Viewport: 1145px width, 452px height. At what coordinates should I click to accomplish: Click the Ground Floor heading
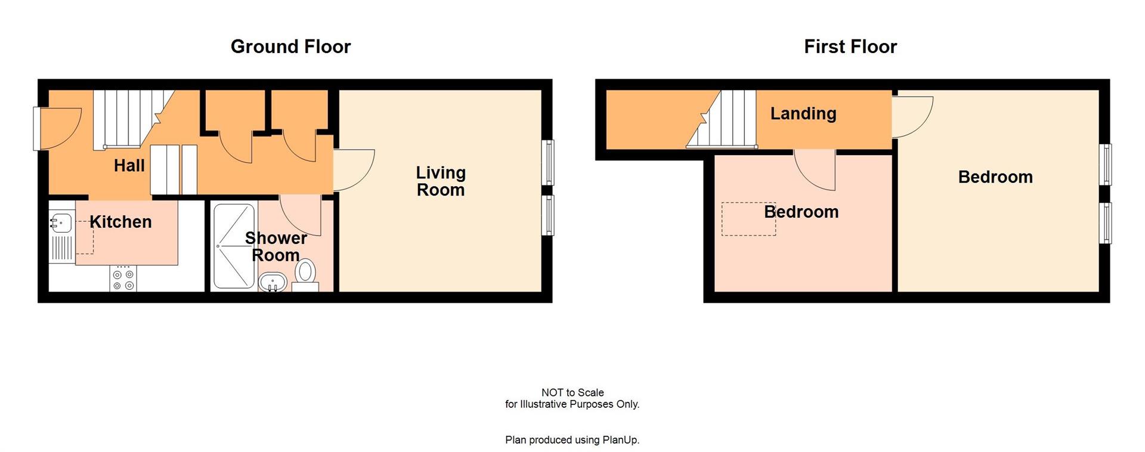pyautogui.click(x=290, y=47)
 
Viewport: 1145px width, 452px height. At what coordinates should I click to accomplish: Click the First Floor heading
pyautogui.click(x=850, y=47)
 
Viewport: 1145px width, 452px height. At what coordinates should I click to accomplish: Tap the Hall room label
pyautogui.click(x=129, y=166)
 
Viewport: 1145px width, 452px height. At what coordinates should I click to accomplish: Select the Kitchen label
pyautogui.click(x=120, y=222)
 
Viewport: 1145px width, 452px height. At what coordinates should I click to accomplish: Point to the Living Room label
pyautogui.click(x=441, y=181)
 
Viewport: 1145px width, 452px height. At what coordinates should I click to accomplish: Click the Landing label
pyautogui.click(x=803, y=113)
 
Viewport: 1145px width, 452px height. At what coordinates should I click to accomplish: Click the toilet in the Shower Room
pyautogui.click(x=305, y=275)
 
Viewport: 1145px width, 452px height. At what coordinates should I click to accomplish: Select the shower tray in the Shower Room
pyautogui.click(x=234, y=246)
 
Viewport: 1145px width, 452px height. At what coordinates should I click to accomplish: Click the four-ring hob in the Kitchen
pyautogui.click(x=123, y=280)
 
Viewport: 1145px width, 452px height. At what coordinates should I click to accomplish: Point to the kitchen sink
pyautogui.click(x=61, y=224)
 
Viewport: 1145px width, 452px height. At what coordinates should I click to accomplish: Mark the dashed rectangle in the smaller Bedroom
pyautogui.click(x=748, y=219)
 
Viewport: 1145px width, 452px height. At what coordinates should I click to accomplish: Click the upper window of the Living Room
pyautogui.click(x=548, y=162)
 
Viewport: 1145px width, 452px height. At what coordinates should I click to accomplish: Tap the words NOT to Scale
pyautogui.click(x=572, y=392)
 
